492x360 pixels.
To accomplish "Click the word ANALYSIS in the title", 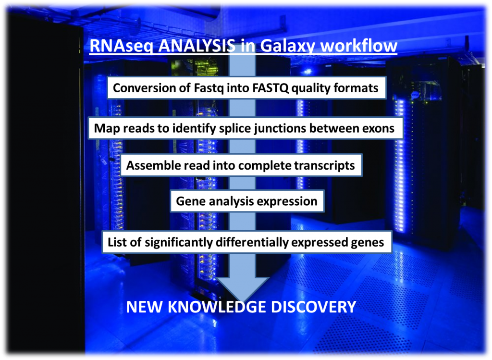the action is pos(197,46).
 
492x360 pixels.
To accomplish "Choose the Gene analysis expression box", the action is pos(247,201).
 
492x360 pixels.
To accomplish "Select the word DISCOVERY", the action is pos(313,307).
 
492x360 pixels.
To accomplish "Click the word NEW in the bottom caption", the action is pos(145,307).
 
